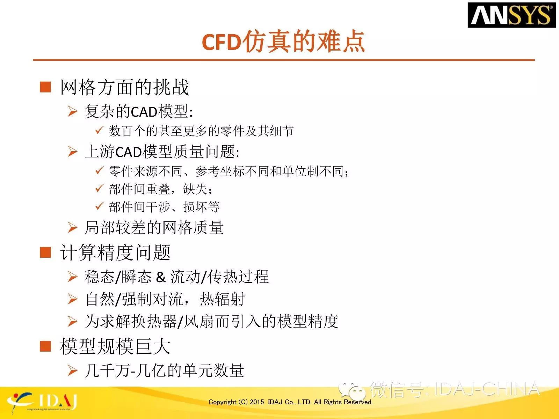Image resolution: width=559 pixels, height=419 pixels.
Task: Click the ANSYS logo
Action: click(x=511, y=15)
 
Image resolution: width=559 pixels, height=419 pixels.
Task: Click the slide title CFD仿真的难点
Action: click(x=283, y=42)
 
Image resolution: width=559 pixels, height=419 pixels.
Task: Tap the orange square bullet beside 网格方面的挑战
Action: click(x=45, y=87)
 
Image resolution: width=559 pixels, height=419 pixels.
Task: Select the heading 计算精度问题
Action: click(x=115, y=252)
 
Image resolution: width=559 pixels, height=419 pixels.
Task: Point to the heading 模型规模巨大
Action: click(x=115, y=346)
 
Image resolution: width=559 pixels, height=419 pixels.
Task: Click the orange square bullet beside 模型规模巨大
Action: click(x=45, y=346)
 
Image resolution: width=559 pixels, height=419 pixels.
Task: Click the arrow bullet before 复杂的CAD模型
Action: click(x=73, y=111)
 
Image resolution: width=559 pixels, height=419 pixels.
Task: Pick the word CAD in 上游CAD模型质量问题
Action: click(x=129, y=152)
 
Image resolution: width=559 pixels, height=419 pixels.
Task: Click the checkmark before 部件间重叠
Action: click(x=99, y=188)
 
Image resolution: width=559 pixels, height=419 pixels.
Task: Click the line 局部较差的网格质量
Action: click(x=154, y=227)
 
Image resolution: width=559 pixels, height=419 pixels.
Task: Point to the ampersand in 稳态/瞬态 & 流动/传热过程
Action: click(x=161, y=277)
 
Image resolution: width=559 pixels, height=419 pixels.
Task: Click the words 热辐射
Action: click(x=222, y=299)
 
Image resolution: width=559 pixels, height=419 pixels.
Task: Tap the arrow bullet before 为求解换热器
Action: click(x=73, y=321)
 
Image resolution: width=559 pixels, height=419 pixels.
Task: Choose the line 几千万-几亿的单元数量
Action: click(x=164, y=370)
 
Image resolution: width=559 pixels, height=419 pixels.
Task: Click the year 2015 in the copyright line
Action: click(x=257, y=402)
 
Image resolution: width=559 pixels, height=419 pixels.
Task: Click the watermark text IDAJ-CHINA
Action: click(x=487, y=389)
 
